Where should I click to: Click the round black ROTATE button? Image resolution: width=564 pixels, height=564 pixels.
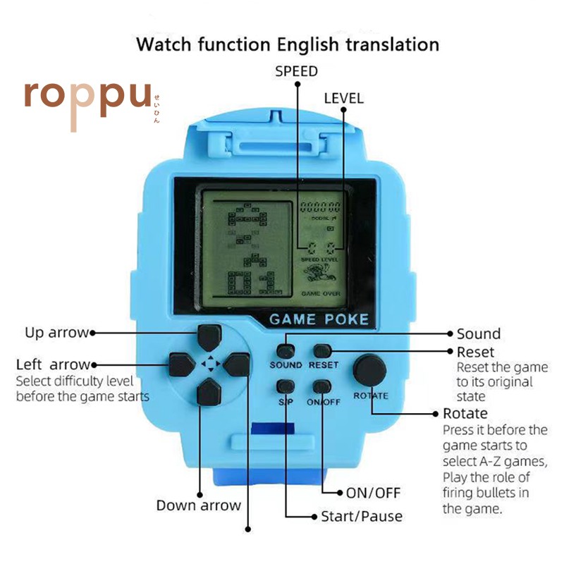(370, 369)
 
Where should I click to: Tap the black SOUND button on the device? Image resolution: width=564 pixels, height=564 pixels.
(286, 350)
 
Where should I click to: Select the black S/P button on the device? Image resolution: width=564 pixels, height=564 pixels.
(286, 386)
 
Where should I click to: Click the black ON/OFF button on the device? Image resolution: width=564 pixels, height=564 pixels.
(323, 386)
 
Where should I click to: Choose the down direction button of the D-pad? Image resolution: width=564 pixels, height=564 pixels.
(208, 392)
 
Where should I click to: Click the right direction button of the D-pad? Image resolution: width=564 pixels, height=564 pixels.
(238, 364)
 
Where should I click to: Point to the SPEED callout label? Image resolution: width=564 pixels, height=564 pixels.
(296, 71)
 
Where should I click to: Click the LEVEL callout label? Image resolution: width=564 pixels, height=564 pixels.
(343, 98)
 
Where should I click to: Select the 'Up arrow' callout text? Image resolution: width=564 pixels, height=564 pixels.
(56, 332)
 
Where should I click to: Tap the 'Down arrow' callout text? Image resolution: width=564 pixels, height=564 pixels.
(198, 505)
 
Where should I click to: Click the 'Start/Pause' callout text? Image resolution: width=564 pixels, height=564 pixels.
(362, 516)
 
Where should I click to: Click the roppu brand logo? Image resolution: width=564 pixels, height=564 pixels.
(87, 99)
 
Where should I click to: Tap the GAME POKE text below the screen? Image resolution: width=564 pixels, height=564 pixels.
(319, 319)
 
